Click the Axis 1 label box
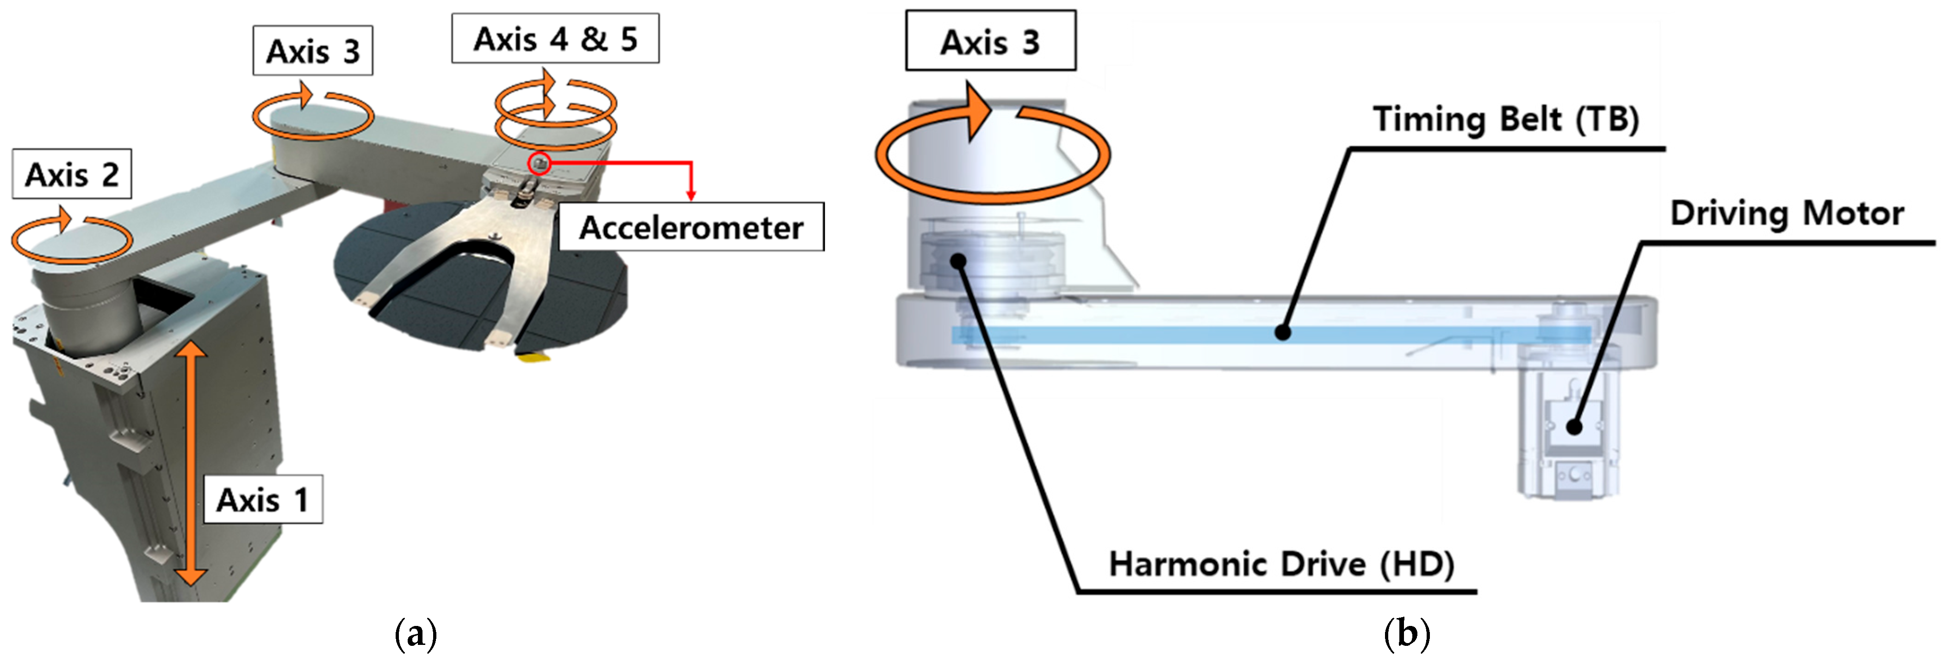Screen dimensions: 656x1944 coord(263,499)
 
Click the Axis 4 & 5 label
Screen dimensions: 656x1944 coord(555,38)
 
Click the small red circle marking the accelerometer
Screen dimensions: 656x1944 coord(539,163)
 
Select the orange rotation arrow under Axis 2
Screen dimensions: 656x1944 coord(72,238)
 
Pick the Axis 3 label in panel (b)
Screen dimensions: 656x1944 coord(990,42)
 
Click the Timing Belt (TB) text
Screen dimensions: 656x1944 coord(1505,119)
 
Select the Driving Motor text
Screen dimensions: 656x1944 coord(1786,214)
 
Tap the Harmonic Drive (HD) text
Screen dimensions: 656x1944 coord(1281,564)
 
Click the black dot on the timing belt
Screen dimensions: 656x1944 coord(1282,332)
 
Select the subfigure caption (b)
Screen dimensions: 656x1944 coord(1406,633)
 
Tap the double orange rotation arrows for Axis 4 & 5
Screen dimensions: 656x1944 coord(555,109)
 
